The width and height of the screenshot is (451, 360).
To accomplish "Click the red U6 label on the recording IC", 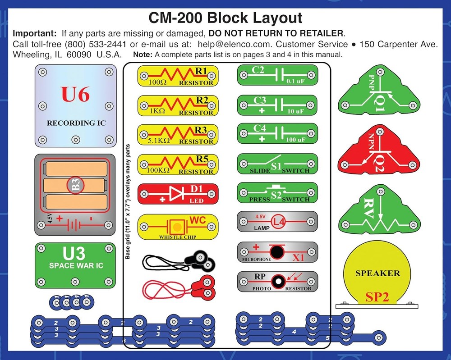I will (75, 96).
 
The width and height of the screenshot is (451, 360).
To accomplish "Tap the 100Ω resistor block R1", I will (178, 76).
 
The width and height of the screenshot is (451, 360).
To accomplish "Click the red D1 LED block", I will (178, 194).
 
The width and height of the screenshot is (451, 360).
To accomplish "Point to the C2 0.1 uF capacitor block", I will (277, 75).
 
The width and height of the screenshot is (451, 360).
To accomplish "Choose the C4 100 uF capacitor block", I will (277, 134).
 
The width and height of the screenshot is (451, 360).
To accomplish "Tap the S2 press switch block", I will (277, 193).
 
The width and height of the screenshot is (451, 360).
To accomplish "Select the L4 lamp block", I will (277, 222).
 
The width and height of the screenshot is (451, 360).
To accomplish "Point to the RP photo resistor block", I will (277, 282).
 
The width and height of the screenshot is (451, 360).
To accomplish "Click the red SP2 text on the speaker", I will (377, 296).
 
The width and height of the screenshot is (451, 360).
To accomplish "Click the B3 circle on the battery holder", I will (75, 186).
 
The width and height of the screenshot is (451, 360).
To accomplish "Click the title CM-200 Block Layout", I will (225, 18).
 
